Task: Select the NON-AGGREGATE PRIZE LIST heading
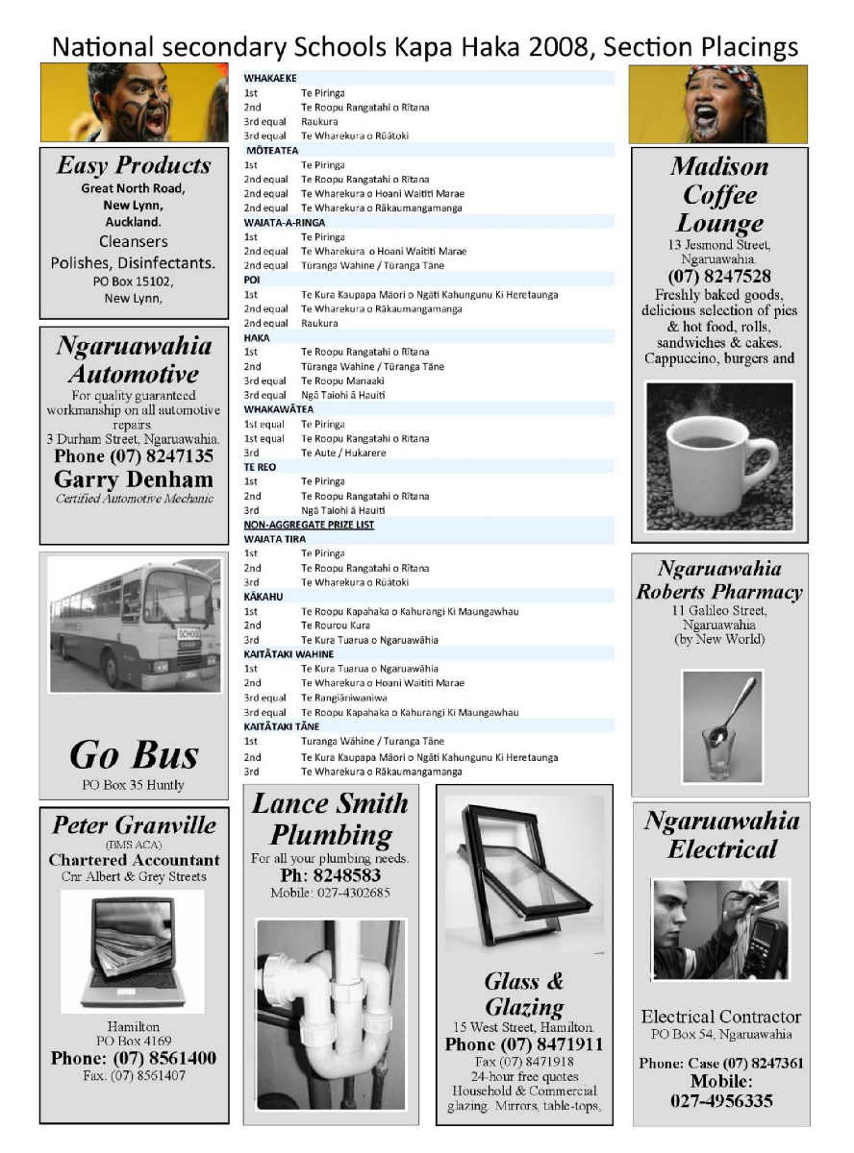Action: [309, 525]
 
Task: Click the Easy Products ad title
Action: [134, 166]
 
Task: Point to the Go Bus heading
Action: [134, 755]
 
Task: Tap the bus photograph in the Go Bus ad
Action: [134, 625]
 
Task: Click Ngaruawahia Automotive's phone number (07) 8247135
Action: [134, 456]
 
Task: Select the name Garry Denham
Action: [134, 478]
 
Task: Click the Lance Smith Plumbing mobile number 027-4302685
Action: [331, 893]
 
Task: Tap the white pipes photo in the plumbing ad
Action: [330, 1013]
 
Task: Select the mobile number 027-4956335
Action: [721, 1101]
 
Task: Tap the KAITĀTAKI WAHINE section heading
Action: [289, 654]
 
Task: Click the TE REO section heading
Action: [257, 467]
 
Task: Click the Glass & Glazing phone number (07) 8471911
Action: [524, 1044]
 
